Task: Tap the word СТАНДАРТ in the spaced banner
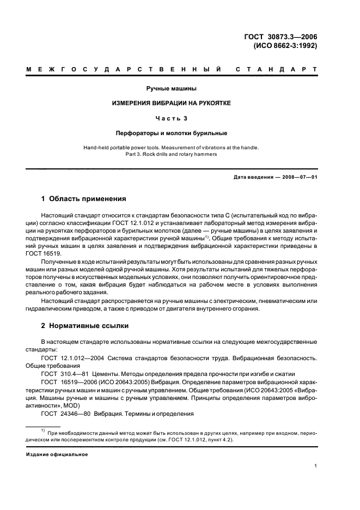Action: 277,70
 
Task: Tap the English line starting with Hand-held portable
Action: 171,148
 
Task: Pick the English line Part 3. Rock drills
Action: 171,154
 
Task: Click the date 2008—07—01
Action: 298,178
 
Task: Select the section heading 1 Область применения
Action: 84,199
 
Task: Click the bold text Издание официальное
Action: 57,454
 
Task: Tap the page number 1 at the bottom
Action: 316,466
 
